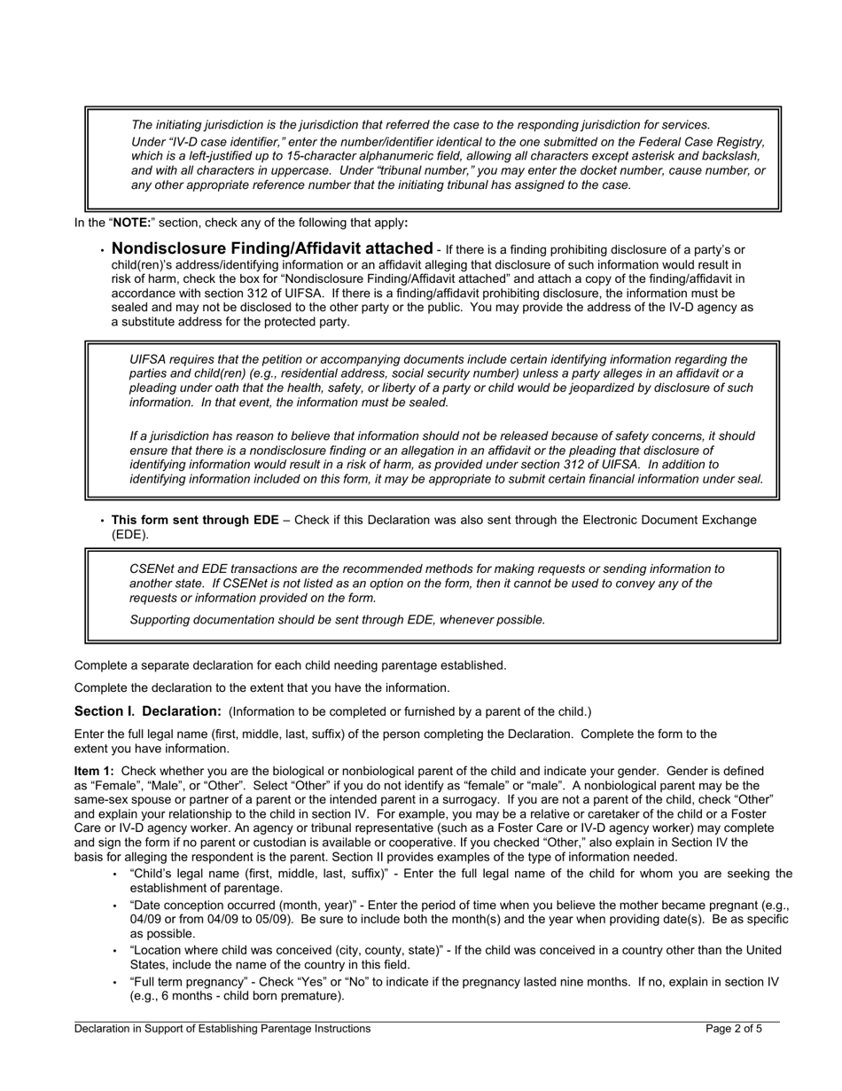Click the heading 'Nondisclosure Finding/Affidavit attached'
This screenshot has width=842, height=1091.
[272, 248]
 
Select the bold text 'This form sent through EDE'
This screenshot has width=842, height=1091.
[194, 520]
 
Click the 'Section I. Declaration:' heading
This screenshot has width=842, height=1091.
[147, 711]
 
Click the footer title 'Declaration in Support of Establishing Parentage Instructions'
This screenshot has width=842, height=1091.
[222, 1029]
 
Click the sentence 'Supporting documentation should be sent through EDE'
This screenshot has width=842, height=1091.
[337, 620]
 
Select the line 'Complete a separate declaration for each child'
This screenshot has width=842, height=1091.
[290, 665]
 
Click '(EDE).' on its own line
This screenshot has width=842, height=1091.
[130, 535]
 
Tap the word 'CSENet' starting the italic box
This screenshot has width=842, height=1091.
[152, 569]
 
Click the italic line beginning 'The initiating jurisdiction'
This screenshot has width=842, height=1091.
[420, 125]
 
